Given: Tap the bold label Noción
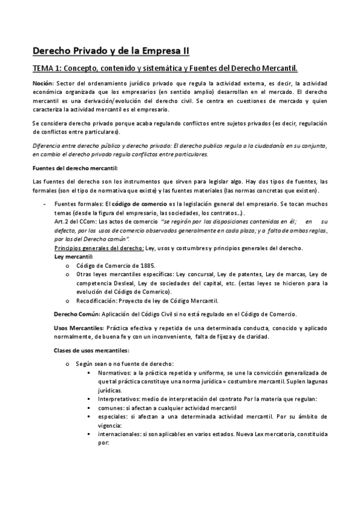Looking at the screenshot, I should [x=43, y=83].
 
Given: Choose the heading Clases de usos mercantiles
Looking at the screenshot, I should [x=91, y=350].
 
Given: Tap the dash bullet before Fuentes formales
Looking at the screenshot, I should [x=44, y=204].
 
